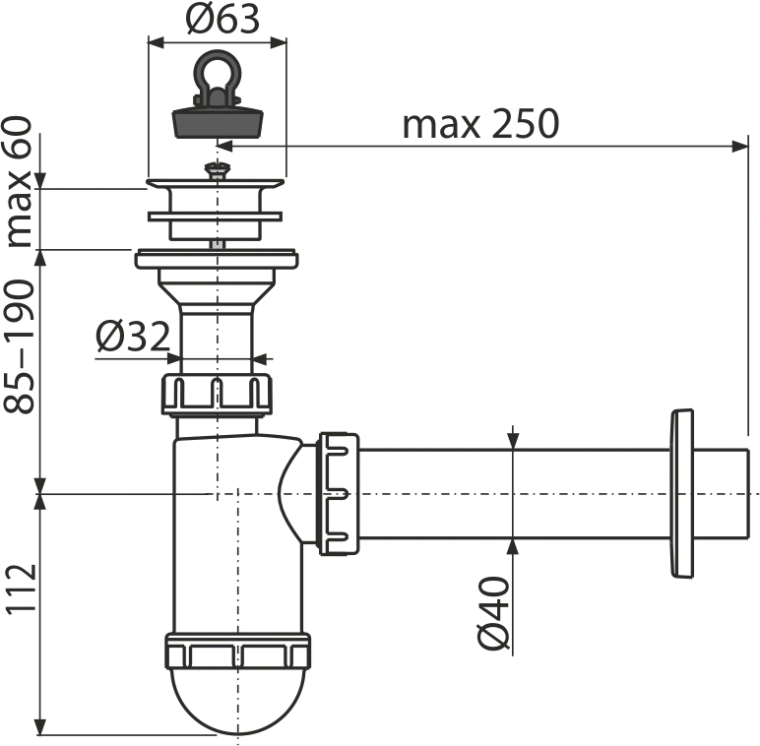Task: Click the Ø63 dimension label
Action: tap(218, 21)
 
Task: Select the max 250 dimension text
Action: tap(480, 125)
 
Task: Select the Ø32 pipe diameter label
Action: tap(133, 338)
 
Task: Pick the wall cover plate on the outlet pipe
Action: tap(681, 492)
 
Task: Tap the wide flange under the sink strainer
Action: tap(217, 259)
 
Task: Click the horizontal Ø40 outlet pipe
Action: tap(512, 492)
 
